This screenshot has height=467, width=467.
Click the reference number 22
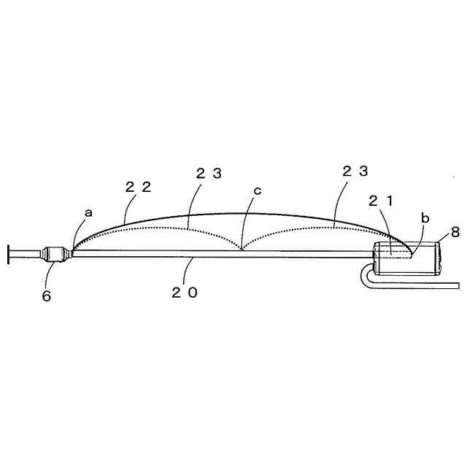click(138, 187)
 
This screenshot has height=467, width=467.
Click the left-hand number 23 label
click(209, 173)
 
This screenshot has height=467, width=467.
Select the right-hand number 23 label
click(355, 171)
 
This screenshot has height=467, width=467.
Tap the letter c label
click(257, 191)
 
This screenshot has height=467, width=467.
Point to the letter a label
click(89, 212)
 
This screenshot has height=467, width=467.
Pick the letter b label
click(425, 217)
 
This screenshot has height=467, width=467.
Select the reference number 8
click(455, 233)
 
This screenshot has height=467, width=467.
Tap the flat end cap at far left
click(8, 254)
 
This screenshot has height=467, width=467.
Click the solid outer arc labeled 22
click(241, 213)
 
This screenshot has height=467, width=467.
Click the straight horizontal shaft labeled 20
click(219, 254)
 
